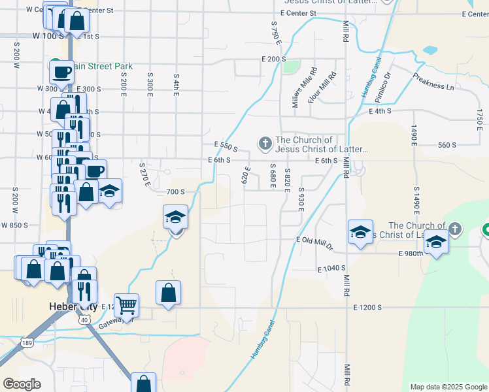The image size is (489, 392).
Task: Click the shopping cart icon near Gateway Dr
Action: [x=126, y=304]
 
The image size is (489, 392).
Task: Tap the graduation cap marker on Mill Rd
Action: [x=360, y=232]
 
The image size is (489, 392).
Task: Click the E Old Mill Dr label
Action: [x=314, y=240]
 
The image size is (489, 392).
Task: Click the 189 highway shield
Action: [x=26, y=342]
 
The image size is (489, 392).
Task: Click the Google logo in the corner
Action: [x=22, y=384]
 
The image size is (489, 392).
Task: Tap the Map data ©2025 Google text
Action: [x=448, y=387]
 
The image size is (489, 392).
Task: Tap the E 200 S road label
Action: [x=274, y=59]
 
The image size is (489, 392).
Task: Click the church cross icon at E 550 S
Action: [x=265, y=142]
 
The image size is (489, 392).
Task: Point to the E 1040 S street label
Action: [x=331, y=269]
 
